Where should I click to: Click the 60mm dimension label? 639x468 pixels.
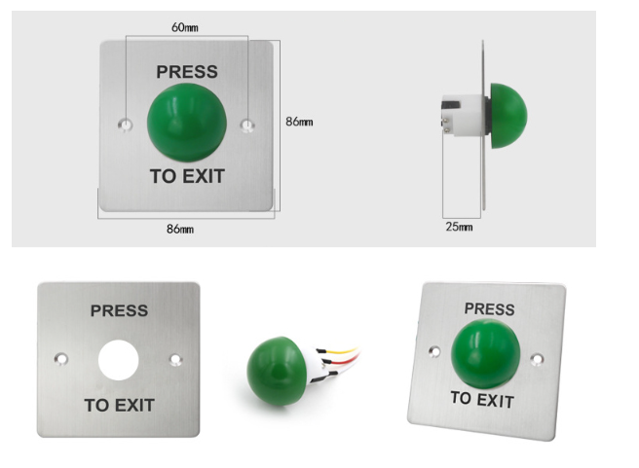pos(185,28)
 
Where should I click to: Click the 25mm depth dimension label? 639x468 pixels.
pos(458,227)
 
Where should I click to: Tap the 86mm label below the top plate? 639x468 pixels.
pos(180,229)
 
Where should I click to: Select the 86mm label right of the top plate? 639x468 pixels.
pos(299,122)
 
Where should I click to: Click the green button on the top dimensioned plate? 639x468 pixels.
pos(187,124)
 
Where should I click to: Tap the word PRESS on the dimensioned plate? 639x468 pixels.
pos(187,72)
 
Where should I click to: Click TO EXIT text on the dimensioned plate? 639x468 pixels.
pos(187,176)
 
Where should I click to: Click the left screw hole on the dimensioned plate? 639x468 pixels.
pos(124,125)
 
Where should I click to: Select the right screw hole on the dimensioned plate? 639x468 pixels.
pos(248,125)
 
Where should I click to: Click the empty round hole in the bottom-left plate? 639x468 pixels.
pos(119,358)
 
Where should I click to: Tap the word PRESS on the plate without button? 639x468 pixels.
pos(119,311)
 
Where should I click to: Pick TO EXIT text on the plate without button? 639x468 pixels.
pos(119,405)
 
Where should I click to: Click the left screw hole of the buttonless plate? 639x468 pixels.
pos(61,358)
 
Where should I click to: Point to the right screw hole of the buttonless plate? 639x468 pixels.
pos(175,359)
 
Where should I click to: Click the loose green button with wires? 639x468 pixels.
pos(275,371)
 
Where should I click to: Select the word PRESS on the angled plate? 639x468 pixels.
pos(489,309)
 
